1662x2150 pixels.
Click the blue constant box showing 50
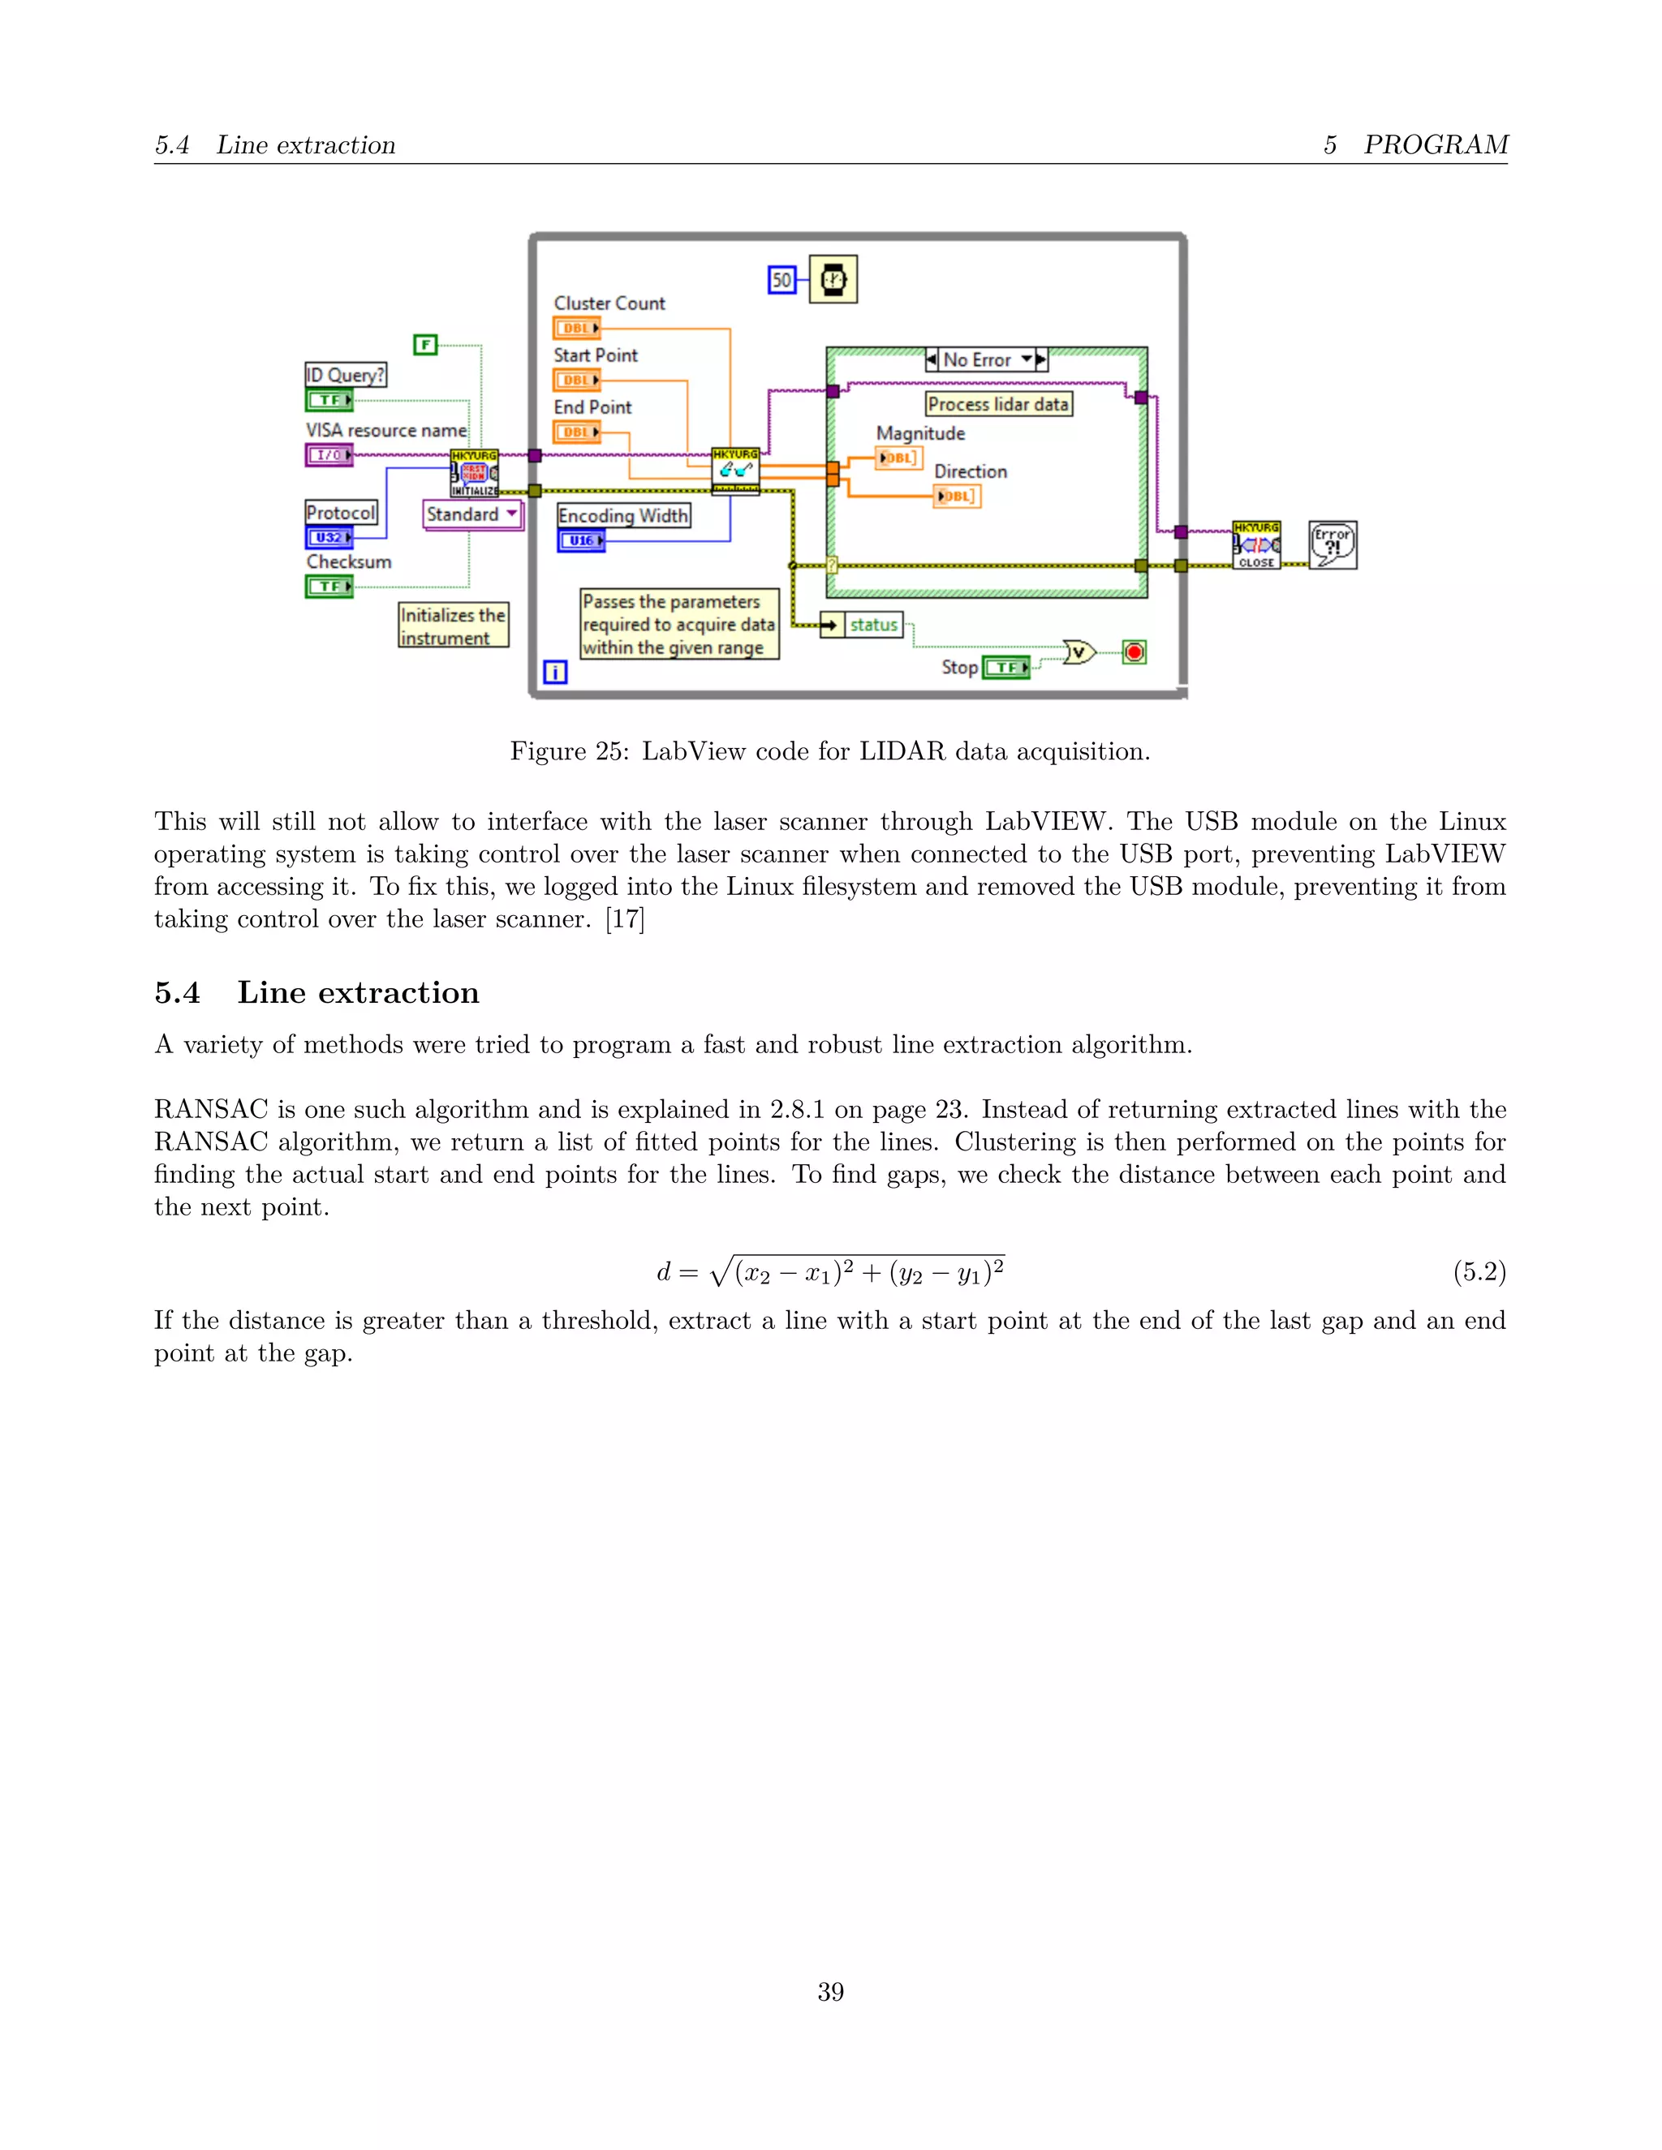[x=781, y=281]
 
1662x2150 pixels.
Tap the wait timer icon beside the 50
[x=833, y=280]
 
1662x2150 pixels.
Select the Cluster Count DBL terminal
[x=576, y=328]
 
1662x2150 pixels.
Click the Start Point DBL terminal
[x=576, y=380]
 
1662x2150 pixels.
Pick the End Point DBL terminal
[x=576, y=432]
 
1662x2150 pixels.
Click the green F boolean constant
[x=424, y=345]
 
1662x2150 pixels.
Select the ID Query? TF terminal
[x=329, y=400]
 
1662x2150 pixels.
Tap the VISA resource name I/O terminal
[x=329, y=455]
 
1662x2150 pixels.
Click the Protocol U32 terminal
[x=329, y=537]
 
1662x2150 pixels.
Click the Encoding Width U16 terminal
[x=581, y=540]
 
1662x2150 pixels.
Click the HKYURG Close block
[x=1256, y=545]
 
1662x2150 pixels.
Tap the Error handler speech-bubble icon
[x=1333, y=545]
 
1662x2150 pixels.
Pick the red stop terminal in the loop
[x=1135, y=651]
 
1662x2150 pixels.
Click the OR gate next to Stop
[x=1079, y=651]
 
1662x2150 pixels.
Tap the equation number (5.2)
[x=1479, y=1272]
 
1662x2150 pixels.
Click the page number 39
[x=830, y=1992]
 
